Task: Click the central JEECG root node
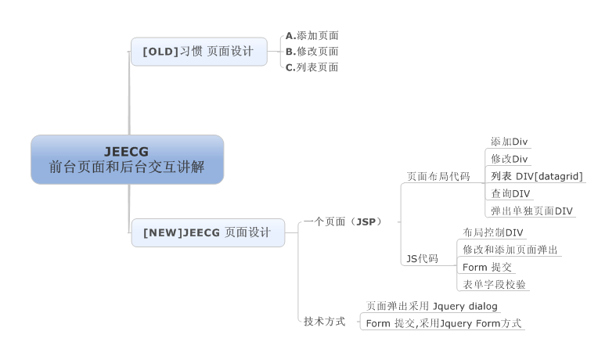pos(127,159)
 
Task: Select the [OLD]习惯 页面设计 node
pos(198,52)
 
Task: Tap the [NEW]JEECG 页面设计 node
pos(207,232)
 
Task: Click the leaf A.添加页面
pos(312,35)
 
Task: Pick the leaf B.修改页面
pos(312,52)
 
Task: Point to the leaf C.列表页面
pos(312,67)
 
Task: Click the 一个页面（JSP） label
pos(342,222)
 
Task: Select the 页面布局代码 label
pos(438,176)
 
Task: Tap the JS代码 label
pos(422,258)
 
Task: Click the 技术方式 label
pos(324,322)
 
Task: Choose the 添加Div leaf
pos(509,142)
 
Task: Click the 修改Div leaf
pos(509,159)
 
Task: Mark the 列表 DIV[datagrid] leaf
pos(537,176)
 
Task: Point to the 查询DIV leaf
pos(510,193)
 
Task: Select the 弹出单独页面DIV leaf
pos(531,211)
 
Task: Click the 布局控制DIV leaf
pos(493,232)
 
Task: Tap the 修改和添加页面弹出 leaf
pos(510,250)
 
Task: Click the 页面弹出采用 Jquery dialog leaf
pos(432,306)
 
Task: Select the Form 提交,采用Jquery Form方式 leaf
pos(443,323)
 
